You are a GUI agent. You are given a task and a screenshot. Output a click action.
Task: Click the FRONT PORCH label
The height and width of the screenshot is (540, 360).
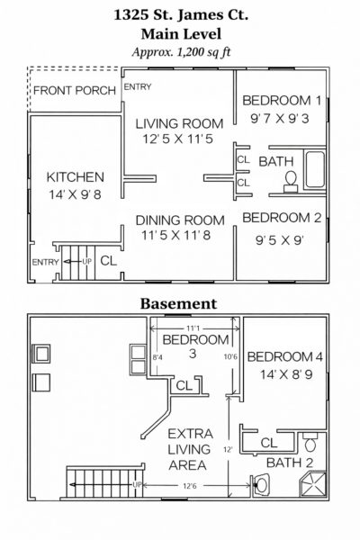pos(75,91)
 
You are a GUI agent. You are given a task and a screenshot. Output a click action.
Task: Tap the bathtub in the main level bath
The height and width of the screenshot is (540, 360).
pos(315,169)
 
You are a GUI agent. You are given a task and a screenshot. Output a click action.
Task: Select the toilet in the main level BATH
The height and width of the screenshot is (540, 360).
pos(291,182)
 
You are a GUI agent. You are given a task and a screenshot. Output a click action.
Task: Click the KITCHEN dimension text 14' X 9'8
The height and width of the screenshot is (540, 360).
pos(75,194)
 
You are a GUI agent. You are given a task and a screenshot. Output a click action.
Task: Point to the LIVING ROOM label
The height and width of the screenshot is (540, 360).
pos(179,123)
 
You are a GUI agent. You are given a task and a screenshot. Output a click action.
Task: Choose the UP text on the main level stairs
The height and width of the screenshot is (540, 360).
pos(86,262)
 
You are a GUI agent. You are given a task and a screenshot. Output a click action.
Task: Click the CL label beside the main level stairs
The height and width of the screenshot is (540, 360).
pos(109,261)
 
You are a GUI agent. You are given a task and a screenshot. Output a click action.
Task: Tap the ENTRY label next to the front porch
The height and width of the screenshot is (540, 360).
pos(138,86)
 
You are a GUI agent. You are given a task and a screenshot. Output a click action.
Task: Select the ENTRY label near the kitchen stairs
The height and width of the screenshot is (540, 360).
pos(46,263)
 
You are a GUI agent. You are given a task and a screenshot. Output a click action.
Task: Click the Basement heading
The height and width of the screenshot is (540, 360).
pos(178,304)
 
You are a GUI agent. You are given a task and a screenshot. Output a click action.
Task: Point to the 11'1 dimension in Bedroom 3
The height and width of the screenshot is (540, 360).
pos(194,328)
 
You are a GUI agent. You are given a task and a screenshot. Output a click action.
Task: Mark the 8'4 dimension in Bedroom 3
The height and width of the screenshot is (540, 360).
pos(157,357)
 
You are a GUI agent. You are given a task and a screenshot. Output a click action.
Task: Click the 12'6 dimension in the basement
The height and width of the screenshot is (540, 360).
pos(190,486)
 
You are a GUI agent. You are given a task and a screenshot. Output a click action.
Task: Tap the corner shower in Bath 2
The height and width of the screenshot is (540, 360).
pos(312,485)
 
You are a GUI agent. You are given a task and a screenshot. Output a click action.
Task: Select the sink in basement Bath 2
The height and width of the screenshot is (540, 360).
pos(261,485)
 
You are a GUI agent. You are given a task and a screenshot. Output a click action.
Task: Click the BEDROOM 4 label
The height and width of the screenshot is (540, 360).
pos(285,356)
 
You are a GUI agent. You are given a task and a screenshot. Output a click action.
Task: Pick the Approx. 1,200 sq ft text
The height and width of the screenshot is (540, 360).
pos(181,52)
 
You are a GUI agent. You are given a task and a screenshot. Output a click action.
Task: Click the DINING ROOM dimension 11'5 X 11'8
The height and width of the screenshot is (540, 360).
pos(176,236)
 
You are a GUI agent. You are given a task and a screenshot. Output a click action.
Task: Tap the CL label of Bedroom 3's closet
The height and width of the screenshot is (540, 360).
pos(184,386)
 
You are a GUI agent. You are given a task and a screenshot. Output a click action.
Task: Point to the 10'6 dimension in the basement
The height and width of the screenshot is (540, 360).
pos(230,356)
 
